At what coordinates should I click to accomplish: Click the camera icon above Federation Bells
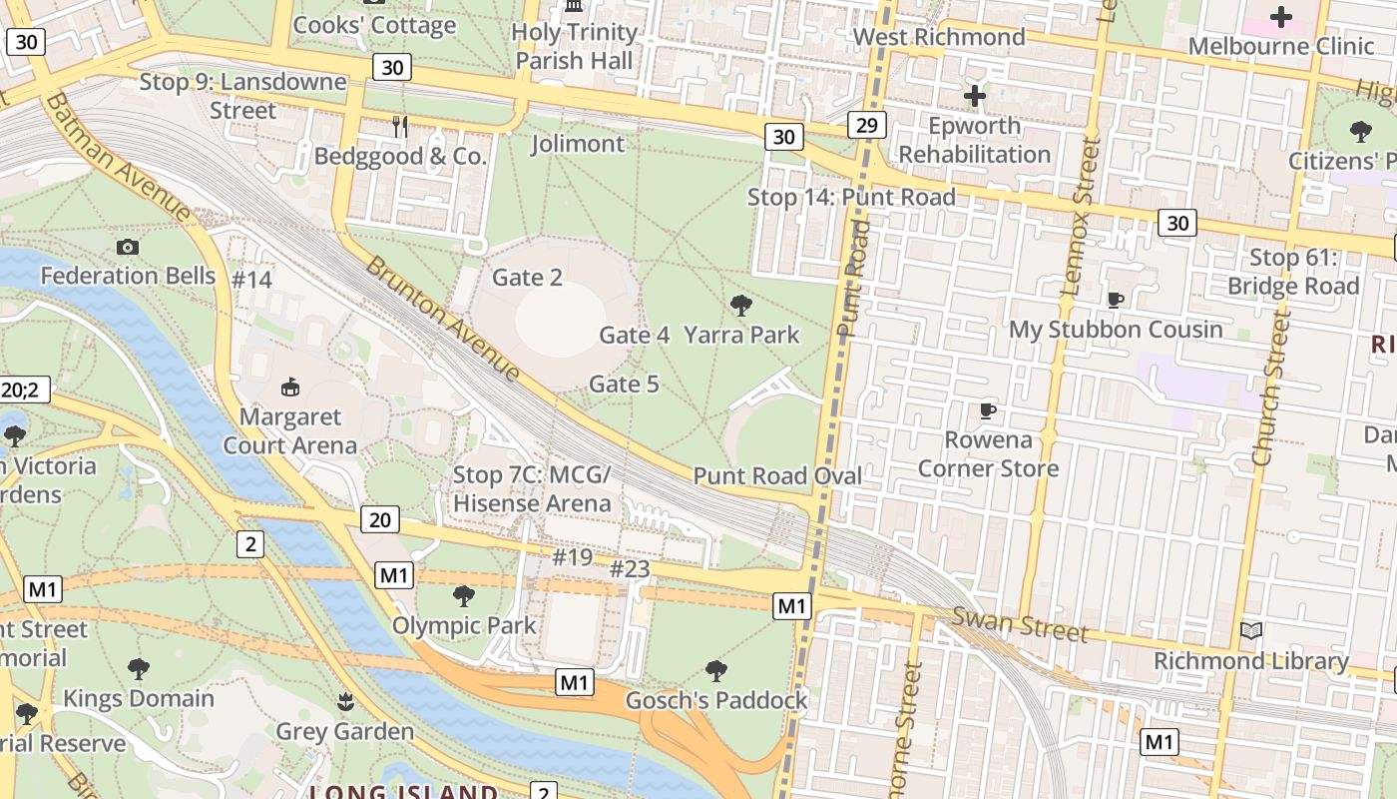pyautogui.click(x=128, y=247)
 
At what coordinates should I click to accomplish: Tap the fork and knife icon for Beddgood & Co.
pyautogui.click(x=400, y=126)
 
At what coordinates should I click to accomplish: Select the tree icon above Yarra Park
pyautogui.click(x=740, y=305)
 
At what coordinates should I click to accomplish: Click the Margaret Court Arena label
pyautogui.click(x=289, y=430)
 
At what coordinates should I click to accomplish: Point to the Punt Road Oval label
pyautogui.click(x=777, y=476)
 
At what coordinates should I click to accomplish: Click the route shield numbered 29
pyautogui.click(x=866, y=125)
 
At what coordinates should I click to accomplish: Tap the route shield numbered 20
pyautogui.click(x=379, y=519)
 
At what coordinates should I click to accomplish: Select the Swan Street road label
pyautogui.click(x=1019, y=625)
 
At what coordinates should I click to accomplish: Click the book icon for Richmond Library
pyautogui.click(x=1250, y=630)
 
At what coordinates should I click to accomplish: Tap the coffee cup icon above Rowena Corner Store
pyautogui.click(x=987, y=409)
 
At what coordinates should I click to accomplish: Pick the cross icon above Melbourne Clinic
pyautogui.click(x=1280, y=17)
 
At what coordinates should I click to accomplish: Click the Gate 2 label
pyautogui.click(x=527, y=278)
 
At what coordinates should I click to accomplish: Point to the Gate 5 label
pyautogui.click(x=624, y=384)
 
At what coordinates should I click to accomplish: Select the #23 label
pyautogui.click(x=630, y=569)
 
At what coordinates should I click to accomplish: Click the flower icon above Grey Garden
pyautogui.click(x=345, y=701)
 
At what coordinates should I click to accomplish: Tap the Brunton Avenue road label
pyautogui.click(x=443, y=319)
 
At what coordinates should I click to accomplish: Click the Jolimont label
pyautogui.click(x=578, y=144)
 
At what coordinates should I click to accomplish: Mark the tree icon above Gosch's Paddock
pyautogui.click(x=715, y=670)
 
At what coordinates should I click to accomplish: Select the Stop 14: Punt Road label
pyautogui.click(x=851, y=197)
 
